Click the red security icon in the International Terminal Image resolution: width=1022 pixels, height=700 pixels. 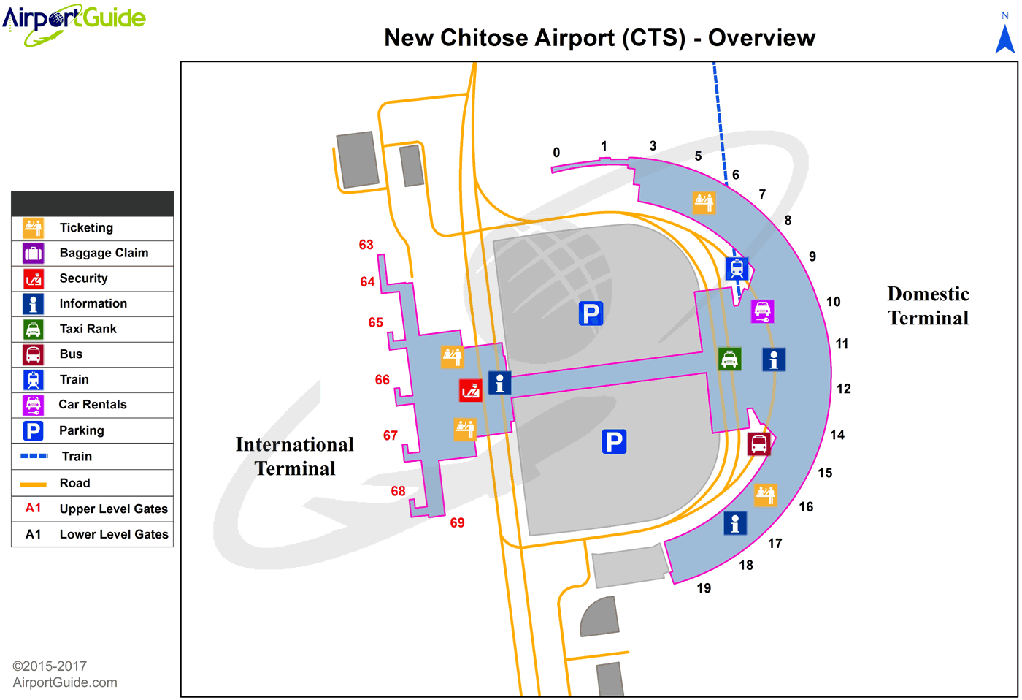[471, 390]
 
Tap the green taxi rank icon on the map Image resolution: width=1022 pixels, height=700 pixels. [729, 359]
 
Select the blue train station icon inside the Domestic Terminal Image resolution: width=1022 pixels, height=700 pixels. [737, 268]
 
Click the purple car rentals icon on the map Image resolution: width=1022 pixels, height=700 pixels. [763, 311]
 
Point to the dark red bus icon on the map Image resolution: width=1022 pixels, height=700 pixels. [759, 444]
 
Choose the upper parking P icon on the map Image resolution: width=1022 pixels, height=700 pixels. [591, 313]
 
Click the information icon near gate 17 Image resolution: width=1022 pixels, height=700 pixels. [735, 523]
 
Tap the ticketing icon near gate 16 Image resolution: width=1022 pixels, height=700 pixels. [765, 495]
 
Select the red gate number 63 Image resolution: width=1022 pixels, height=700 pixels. [366, 245]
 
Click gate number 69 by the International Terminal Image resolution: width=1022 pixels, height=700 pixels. [457, 522]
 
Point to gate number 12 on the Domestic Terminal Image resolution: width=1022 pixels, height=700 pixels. [844, 389]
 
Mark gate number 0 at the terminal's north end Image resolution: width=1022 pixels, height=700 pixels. [556, 153]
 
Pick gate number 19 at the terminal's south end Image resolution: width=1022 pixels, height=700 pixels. [704, 588]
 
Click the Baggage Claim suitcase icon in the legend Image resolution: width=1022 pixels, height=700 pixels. [34, 254]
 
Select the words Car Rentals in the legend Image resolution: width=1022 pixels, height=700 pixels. [93, 405]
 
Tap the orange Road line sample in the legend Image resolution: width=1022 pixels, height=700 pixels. [34, 484]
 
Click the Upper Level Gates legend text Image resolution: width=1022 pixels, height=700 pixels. [113, 509]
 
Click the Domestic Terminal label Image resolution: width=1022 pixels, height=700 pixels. [928, 306]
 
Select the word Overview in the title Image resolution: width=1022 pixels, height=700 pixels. [761, 38]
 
